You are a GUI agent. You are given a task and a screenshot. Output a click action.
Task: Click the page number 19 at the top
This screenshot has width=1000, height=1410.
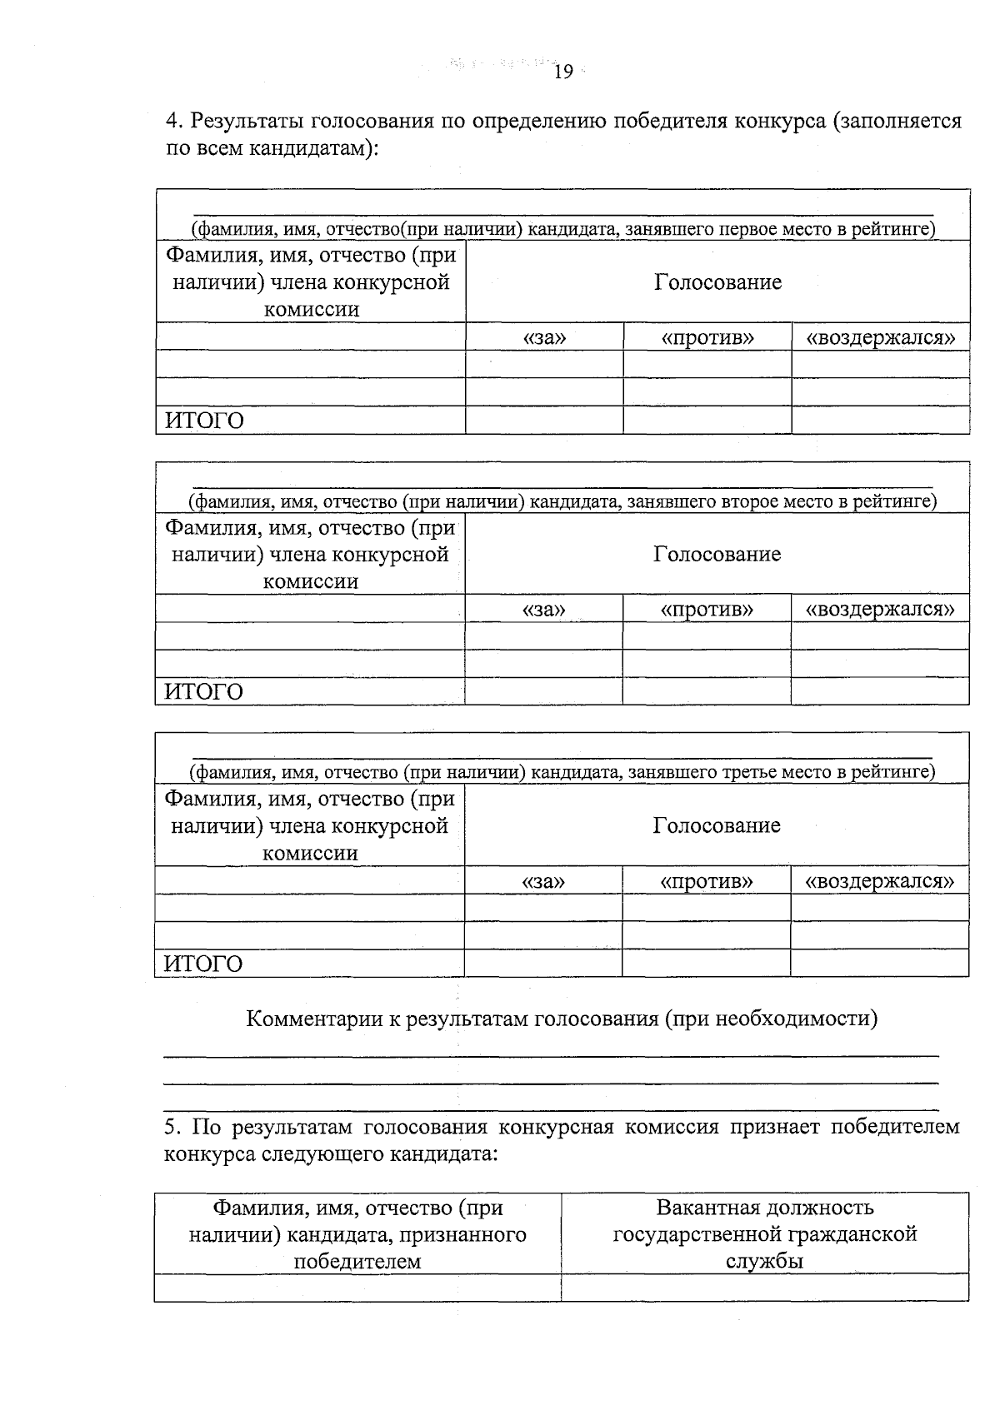point(563,72)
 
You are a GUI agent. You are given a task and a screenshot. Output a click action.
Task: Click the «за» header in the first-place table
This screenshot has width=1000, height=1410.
point(544,337)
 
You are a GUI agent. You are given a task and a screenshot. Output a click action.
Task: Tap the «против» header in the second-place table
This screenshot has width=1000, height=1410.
point(707,609)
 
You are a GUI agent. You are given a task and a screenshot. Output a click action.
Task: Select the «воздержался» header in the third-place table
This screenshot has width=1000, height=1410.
point(879,880)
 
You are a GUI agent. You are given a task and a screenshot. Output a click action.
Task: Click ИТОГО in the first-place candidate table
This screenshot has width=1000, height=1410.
point(205,421)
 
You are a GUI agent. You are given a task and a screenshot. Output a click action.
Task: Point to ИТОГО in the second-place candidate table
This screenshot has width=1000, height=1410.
point(204,692)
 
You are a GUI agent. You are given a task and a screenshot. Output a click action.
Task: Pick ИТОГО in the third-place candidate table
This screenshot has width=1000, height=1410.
point(203,964)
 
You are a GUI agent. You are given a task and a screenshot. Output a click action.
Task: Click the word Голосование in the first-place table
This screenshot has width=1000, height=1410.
point(717,282)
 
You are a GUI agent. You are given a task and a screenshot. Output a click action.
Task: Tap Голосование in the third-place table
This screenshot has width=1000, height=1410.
point(717,825)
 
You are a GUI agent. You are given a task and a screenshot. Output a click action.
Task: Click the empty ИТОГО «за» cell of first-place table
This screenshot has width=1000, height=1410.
point(544,421)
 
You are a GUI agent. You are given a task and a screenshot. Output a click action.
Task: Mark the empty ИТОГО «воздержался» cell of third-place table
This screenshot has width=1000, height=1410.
point(879,964)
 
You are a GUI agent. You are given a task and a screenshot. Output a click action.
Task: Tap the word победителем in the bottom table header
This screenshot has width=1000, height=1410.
point(357,1261)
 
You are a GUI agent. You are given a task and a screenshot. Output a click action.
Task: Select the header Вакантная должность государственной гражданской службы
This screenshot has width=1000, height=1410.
point(765,1233)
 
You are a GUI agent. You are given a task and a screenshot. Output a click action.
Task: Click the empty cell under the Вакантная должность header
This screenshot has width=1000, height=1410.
point(765,1288)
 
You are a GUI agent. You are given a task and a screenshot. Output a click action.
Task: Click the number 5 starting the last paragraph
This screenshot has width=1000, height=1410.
point(170,1128)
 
